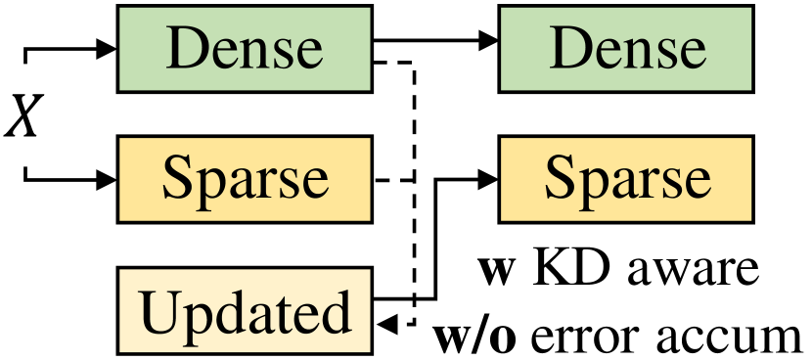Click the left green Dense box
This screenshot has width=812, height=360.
click(245, 47)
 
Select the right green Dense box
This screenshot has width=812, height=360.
click(627, 47)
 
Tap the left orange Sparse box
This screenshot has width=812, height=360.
click(245, 179)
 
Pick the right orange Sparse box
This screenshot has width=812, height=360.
click(627, 179)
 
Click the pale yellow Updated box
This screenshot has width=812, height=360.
click(245, 311)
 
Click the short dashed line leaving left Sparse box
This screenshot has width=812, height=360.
click(393, 179)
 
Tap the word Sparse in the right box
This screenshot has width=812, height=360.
click(627, 179)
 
